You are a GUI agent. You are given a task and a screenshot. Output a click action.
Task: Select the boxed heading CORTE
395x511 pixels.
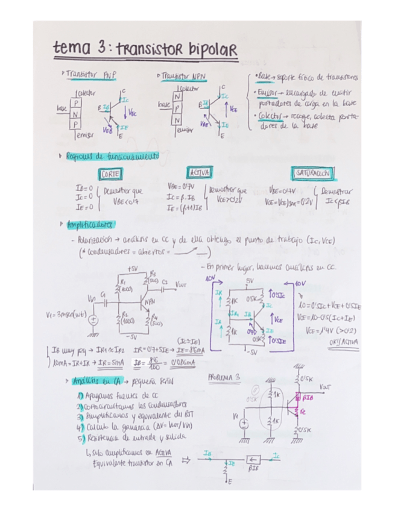tap(111, 174)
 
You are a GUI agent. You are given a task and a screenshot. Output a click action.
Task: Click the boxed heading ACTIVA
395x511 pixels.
tap(198, 173)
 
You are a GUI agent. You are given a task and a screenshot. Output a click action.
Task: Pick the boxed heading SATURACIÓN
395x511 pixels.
tap(311, 174)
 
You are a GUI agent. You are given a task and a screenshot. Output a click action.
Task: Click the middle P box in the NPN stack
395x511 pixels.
tap(176, 109)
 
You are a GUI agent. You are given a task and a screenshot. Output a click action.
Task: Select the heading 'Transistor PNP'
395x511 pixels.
tap(92, 75)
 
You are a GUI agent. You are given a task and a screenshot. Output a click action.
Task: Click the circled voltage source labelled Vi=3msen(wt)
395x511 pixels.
tap(95, 320)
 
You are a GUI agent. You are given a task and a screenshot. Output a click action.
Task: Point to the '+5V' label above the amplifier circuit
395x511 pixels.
tap(133, 268)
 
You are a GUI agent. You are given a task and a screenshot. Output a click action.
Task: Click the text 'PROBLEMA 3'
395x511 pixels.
tap(224, 377)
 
